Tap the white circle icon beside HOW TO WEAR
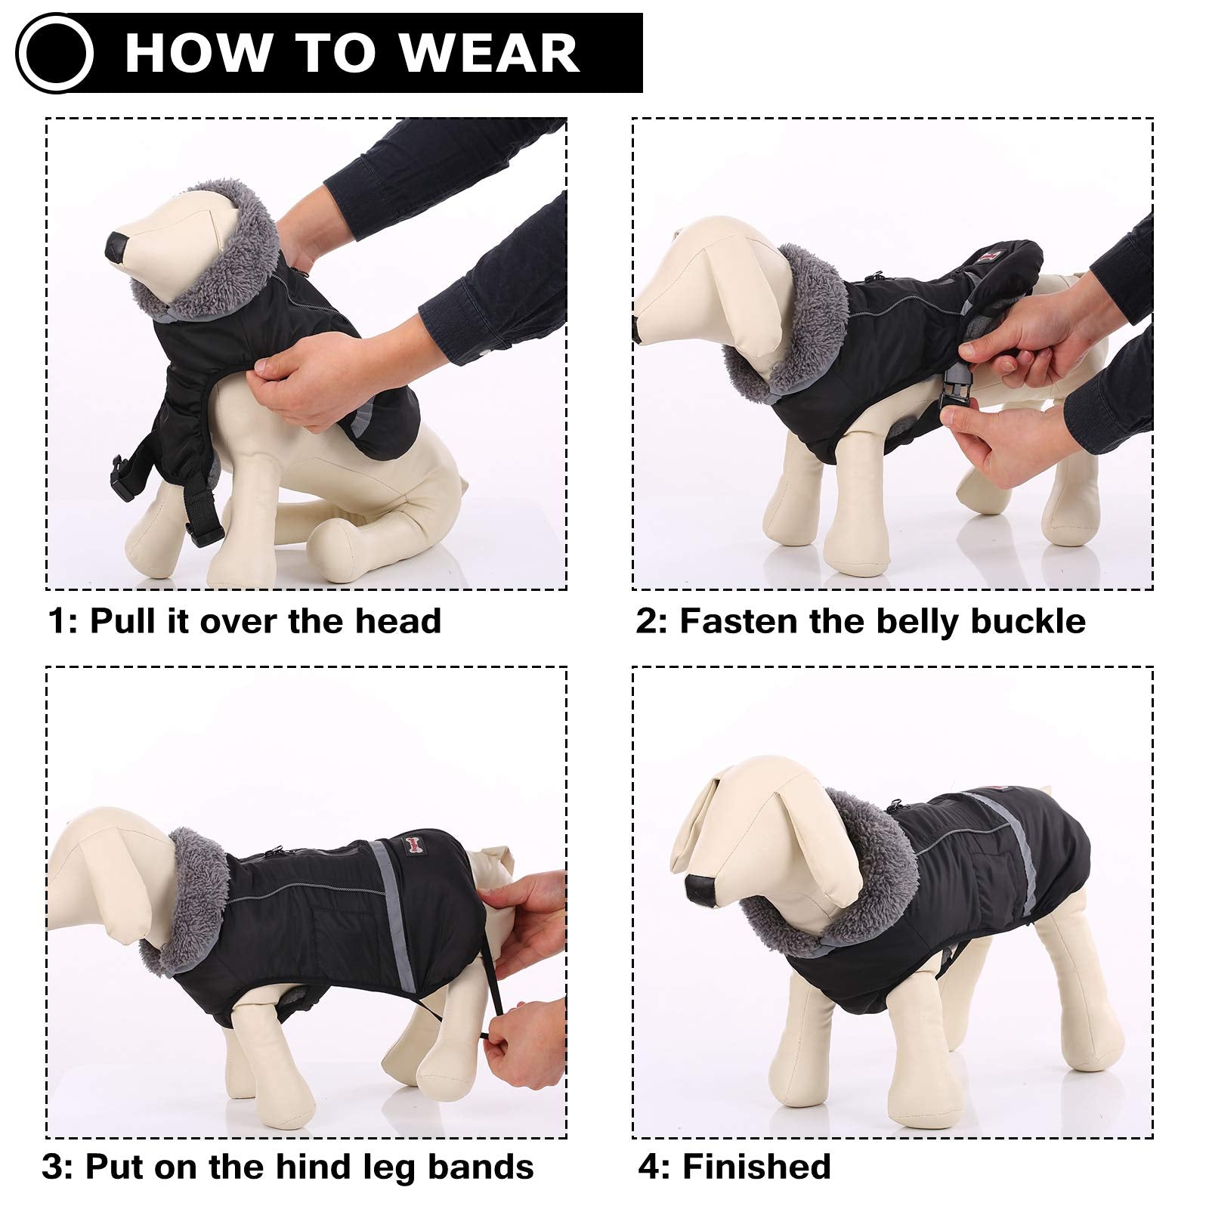point(54,54)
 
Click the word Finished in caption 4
point(756,1167)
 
